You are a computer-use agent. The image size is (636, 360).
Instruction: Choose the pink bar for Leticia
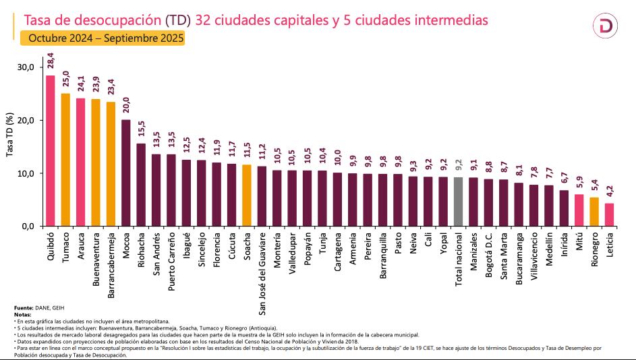coord(609,214)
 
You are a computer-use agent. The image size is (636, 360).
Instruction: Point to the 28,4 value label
coord(51,62)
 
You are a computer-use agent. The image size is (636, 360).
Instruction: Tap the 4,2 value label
coord(609,191)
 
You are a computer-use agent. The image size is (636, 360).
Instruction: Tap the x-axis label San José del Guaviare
coord(262,273)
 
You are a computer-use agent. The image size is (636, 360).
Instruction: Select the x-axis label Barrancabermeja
coord(111,260)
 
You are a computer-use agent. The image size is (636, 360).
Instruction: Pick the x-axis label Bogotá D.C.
coord(488,252)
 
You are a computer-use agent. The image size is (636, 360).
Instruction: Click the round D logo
coord(606,26)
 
